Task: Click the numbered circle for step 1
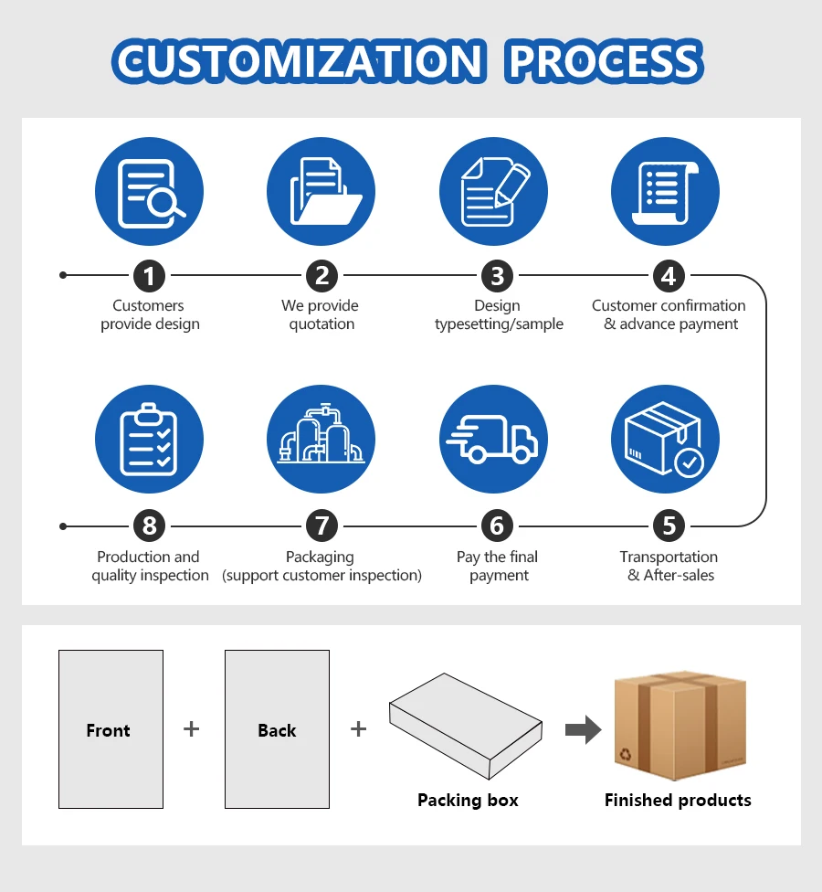coord(150,275)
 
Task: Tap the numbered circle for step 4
coord(669,275)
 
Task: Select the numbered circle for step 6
coord(497,526)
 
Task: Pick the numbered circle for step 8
coord(150,526)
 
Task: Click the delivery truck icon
coord(493,439)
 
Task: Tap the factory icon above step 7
coord(321,439)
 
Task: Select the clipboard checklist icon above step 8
coord(149,439)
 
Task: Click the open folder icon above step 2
coord(321,192)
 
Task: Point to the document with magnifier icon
coord(149,192)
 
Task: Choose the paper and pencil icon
coord(493,192)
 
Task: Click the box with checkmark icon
coord(665,439)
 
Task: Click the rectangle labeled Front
coord(111,729)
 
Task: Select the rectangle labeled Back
coord(277,729)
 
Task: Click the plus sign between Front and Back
coord(191,728)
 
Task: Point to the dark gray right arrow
coord(583,730)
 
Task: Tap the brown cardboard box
coord(680,727)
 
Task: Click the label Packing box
coord(468,800)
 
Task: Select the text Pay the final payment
coord(498,566)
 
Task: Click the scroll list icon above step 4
coord(665,192)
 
